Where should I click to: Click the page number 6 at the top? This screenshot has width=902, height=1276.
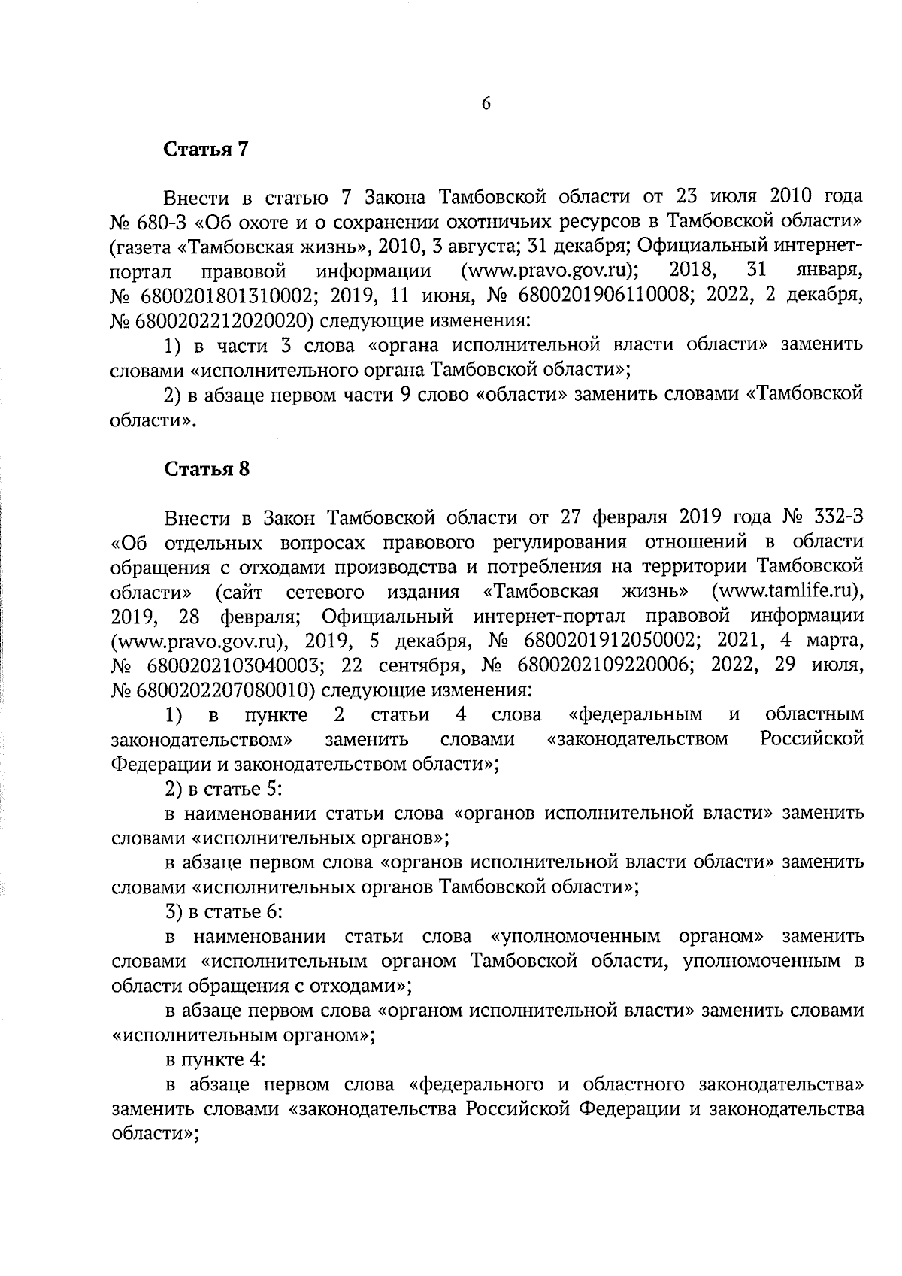tap(486, 105)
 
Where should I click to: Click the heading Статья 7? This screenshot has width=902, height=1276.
tap(206, 149)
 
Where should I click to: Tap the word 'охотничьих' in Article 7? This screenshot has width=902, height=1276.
tap(445, 223)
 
